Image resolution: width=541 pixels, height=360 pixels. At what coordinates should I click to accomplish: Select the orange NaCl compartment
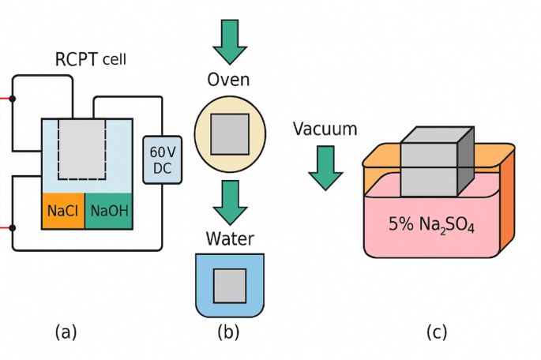pyautogui.click(x=62, y=211)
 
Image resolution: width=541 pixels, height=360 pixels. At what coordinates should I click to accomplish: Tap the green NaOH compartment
pyautogui.click(x=107, y=211)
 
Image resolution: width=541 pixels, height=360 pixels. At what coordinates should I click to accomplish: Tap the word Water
pyautogui.click(x=229, y=238)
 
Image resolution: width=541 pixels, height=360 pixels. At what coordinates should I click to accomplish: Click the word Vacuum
pyautogui.click(x=325, y=129)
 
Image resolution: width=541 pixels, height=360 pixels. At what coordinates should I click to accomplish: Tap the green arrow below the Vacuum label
pyautogui.click(x=325, y=167)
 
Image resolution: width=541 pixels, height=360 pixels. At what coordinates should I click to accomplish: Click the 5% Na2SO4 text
pyautogui.click(x=432, y=223)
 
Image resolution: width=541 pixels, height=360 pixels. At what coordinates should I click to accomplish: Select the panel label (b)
pyautogui.click(x=229, y=332)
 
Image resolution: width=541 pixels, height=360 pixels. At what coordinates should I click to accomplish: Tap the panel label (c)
pyautogui.click(x=437, y=332)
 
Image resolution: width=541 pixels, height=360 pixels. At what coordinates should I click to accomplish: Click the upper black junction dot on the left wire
pyautogui.click(x=13, y=99)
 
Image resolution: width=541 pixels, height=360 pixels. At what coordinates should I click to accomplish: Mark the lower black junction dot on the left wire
pyautogui.click(x=13, y=227)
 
